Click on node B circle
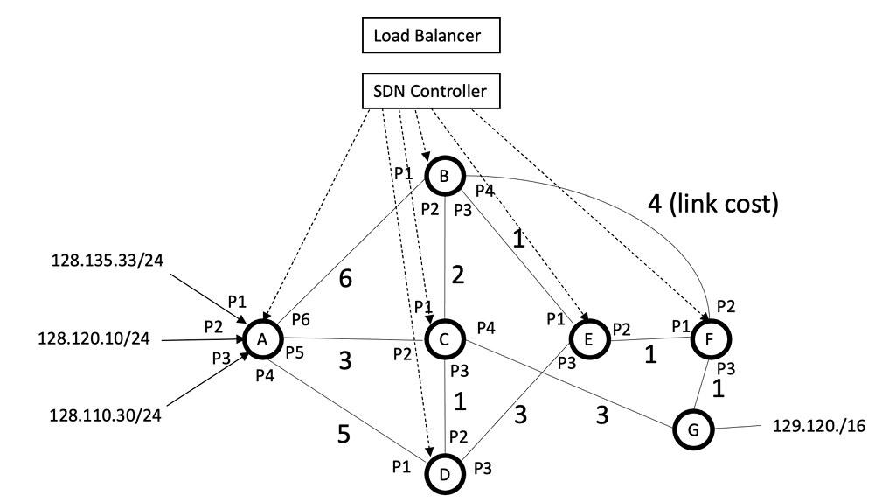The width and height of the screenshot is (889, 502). coord(444,177)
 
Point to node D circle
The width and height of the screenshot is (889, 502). coord(444,474)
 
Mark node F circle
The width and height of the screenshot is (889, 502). coord(710,338)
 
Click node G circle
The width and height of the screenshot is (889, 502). coord(693,429)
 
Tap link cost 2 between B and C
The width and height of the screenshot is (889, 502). coord(457,275)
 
